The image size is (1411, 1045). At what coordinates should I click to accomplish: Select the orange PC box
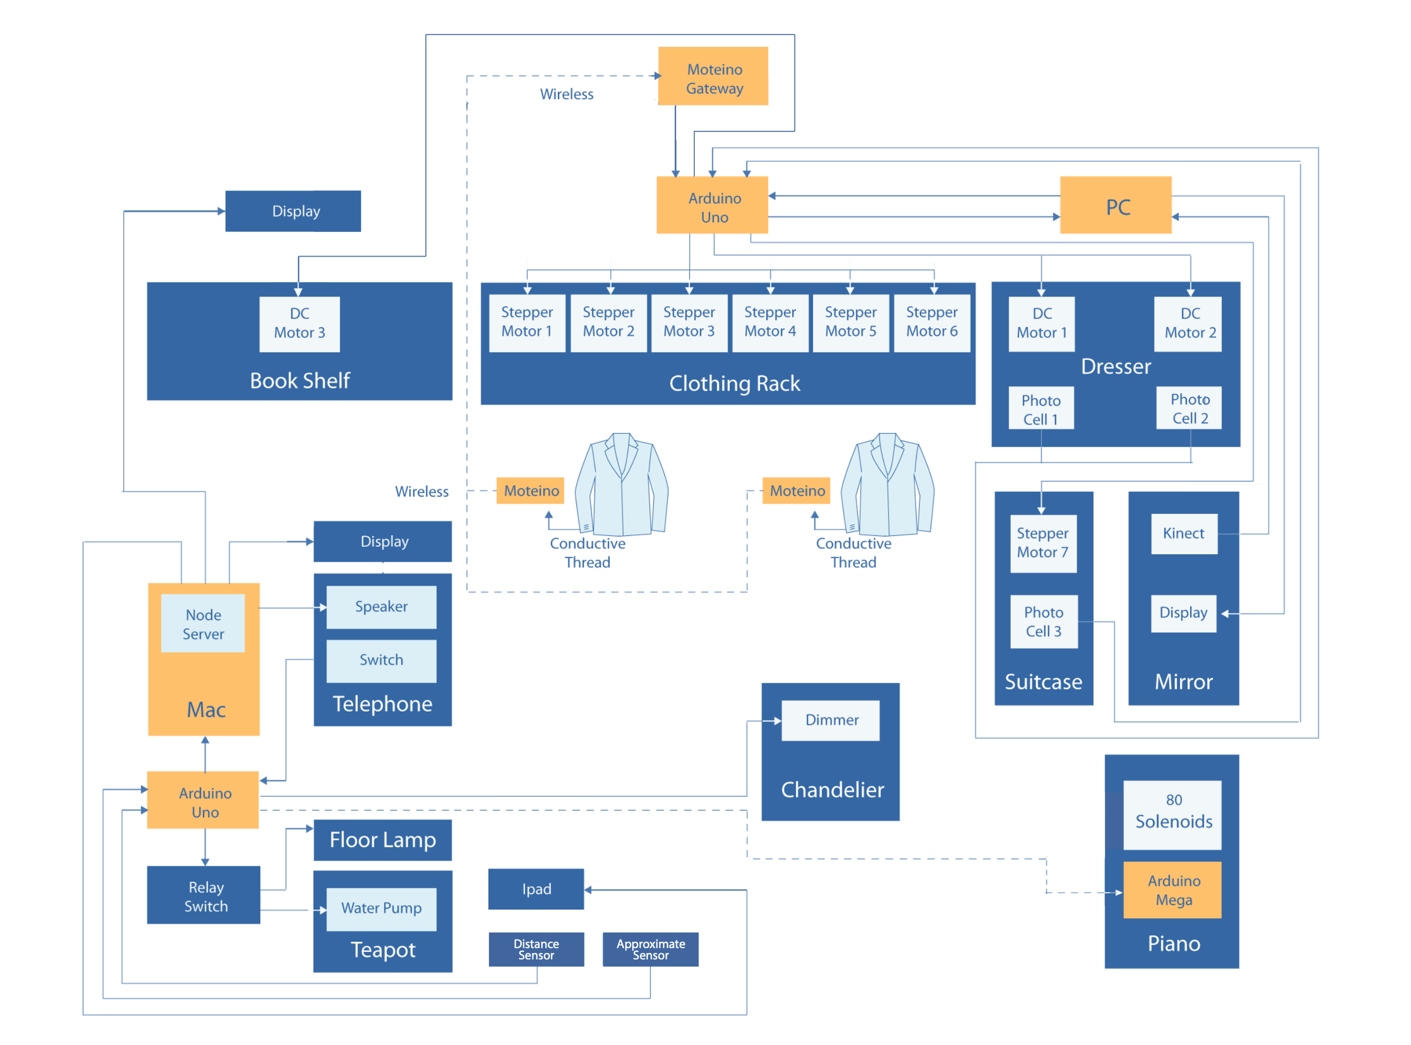coord(1115,205)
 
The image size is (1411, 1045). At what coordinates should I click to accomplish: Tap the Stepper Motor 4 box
coord(770,323)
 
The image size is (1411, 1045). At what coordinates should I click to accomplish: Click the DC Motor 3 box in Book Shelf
coord(300,324)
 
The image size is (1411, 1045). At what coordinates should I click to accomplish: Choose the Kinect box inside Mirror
coord(1183,534)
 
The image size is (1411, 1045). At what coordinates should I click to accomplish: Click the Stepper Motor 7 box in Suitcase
coord(1042,543)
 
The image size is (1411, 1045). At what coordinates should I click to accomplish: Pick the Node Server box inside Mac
coord(203,624)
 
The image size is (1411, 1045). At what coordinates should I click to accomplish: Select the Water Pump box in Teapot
coord(381,909)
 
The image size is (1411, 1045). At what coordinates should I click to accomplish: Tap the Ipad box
coord(536,889)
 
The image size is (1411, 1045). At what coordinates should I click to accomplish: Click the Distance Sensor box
coord(536,949)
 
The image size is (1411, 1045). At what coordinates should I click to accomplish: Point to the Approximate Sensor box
coord(650,949)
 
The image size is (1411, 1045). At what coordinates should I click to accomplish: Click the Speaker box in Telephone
coord(381,607)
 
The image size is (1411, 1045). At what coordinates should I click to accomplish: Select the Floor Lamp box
coord(382,839)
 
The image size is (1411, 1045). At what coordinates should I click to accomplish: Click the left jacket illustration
coord(621,484)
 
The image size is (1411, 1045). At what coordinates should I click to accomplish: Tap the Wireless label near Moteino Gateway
coord(566,94)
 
